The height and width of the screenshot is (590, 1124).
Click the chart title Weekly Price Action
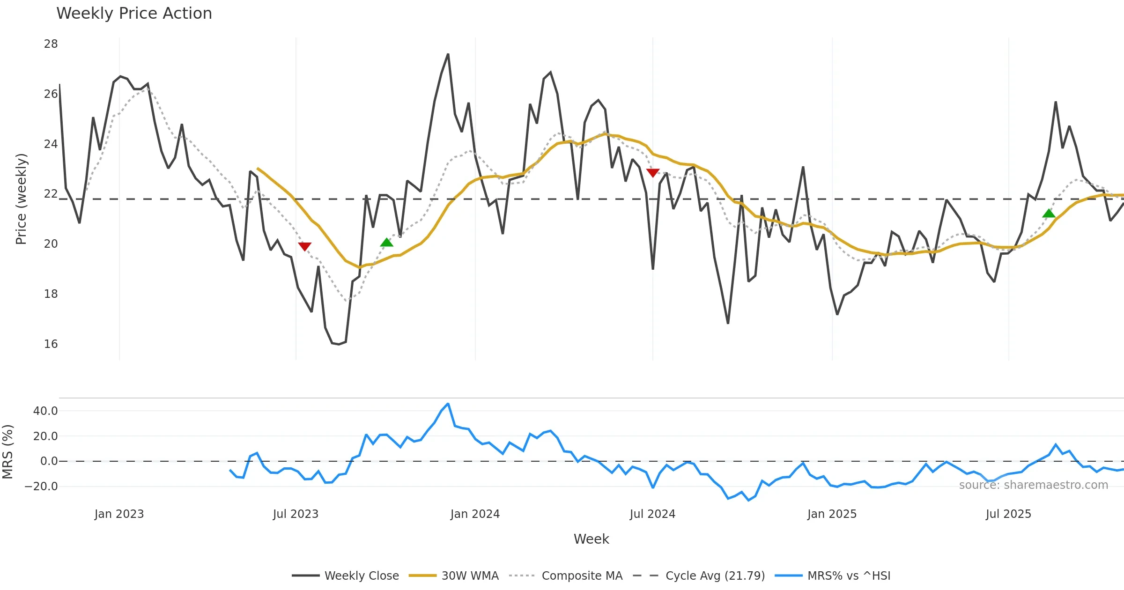click(134, 14)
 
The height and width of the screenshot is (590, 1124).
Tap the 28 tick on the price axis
click(51, 44)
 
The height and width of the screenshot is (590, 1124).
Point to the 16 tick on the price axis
click(51, 344)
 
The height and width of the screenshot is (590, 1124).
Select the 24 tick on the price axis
click(51, 144)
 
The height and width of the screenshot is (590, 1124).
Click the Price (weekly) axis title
click(22, 199)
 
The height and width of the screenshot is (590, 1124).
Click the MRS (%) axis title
click(7, 452)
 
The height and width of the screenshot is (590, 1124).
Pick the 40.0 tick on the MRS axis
click(45, 411)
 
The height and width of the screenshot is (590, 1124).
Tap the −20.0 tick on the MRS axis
click(41, 487)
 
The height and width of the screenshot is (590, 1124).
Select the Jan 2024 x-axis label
click(475, 514)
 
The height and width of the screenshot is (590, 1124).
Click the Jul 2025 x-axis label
click(1008, 514)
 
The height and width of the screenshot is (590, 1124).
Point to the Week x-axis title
click(591, 539)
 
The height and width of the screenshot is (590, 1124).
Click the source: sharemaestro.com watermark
click(1033, 485)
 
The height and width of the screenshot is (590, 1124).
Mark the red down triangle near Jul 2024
click(653, 173)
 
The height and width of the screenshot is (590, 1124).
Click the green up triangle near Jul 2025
click(1049, 214)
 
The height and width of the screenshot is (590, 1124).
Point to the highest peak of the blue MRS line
click(448, 404)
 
